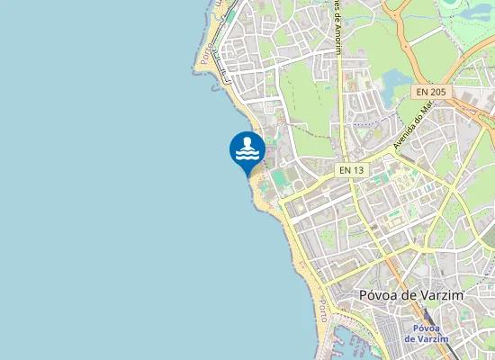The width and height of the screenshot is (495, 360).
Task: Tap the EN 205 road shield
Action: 430,92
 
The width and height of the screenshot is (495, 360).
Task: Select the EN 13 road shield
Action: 351,169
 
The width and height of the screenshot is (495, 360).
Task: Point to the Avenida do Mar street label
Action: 410,123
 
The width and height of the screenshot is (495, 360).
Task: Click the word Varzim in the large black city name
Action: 435,295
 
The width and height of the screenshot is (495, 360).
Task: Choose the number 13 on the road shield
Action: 358,169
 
